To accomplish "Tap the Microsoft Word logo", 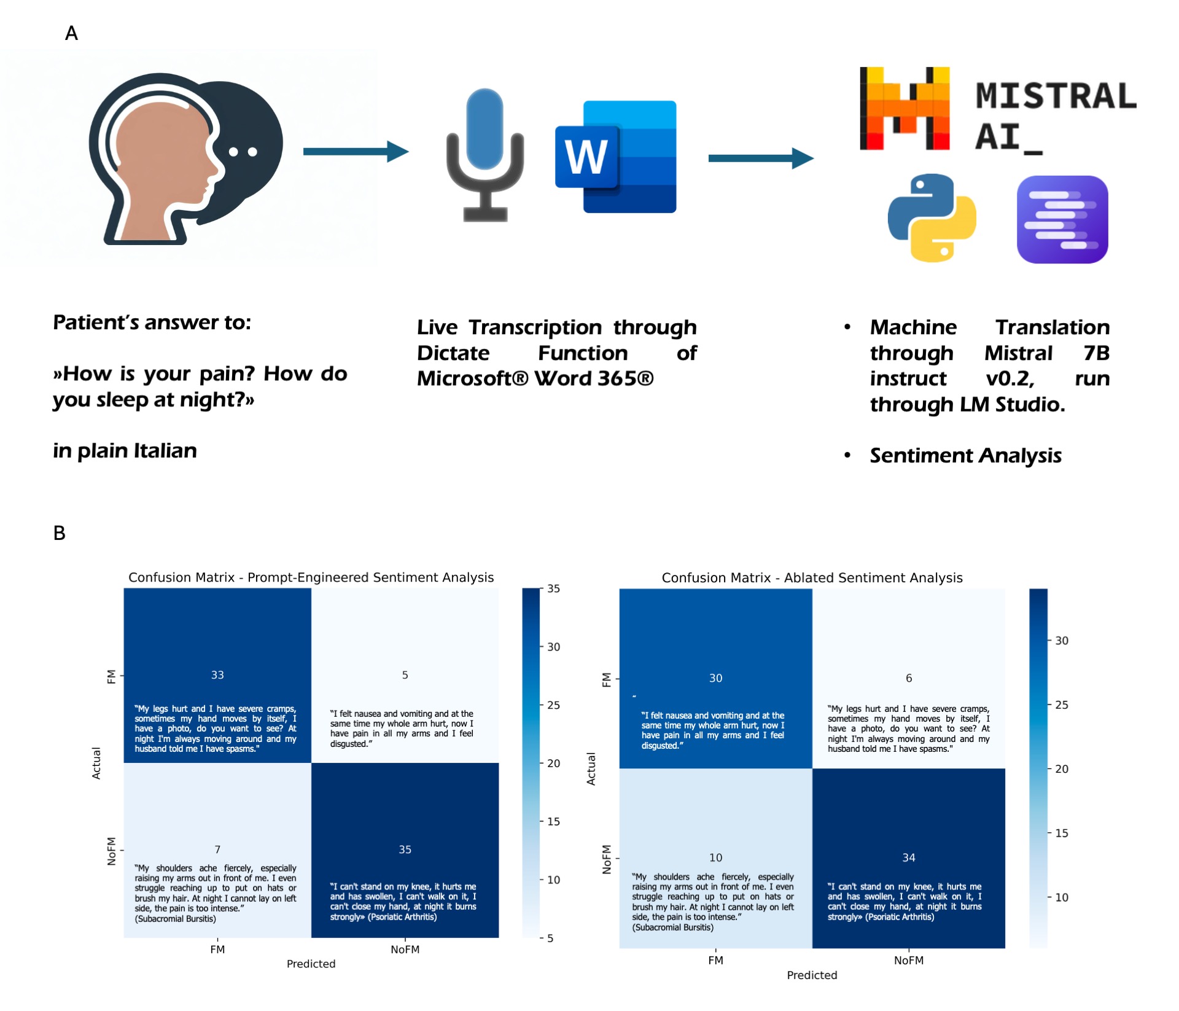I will coord(616,157).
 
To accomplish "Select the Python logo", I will coord(932,218).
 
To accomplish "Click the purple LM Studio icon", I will coord(1062,219).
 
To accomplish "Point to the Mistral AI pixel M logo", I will coord(905,109).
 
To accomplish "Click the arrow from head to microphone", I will coord(356,151).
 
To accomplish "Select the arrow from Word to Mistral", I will coord(760,158).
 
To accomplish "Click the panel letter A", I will coord(71,33).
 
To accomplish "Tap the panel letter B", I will coord(60,533).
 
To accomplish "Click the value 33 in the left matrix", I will coord(217,674).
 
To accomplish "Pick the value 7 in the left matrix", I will coord(217,849).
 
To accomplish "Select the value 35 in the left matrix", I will coord(405,849).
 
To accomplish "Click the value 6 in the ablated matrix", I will coord(909,678).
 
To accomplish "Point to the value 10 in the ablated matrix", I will coord(715,857).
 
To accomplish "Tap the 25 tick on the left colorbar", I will coord(553,705).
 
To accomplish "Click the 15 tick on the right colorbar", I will coord(1061,833).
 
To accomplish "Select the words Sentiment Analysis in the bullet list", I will coord(965,455).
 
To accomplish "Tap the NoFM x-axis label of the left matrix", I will coord(405,950).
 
